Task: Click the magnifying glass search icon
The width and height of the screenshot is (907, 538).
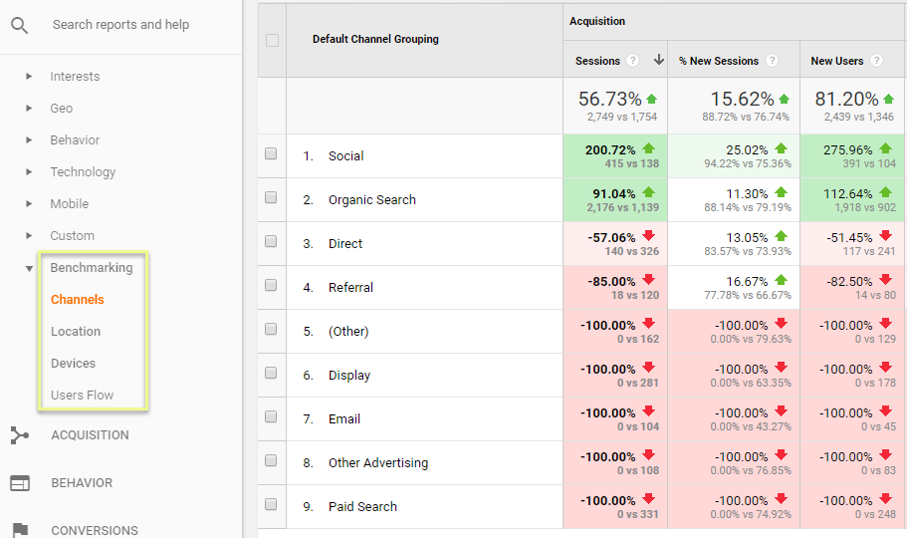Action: click(20, 25)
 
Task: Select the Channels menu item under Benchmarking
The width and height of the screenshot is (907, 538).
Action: click(78, 299)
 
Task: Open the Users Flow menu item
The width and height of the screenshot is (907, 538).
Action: click(82, 395)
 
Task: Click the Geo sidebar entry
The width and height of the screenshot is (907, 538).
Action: click(62, 108)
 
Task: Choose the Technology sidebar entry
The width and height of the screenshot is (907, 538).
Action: click(83, 171)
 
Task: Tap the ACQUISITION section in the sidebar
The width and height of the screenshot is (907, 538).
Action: click(90, 434)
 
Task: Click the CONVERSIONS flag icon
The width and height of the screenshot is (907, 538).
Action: click(20, 530)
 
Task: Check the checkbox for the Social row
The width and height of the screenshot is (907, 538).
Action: click(271, 154)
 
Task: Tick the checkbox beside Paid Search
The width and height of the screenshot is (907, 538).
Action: click(271, 505)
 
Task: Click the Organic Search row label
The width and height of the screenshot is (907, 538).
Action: click(372, 199)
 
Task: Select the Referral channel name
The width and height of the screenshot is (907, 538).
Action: click(350, 287)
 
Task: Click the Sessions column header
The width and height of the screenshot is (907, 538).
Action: click(597, 61)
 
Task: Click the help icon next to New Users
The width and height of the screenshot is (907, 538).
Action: click(876, 61)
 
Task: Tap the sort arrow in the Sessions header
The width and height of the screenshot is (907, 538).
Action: click(658, 61)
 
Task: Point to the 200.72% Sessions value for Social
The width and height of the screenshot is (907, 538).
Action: click(608, 149)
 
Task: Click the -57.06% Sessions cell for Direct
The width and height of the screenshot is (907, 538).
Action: click(608, 237)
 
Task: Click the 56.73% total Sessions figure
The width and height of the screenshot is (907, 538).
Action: click(610, 100)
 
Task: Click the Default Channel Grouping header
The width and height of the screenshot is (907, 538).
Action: click(375, 39)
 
